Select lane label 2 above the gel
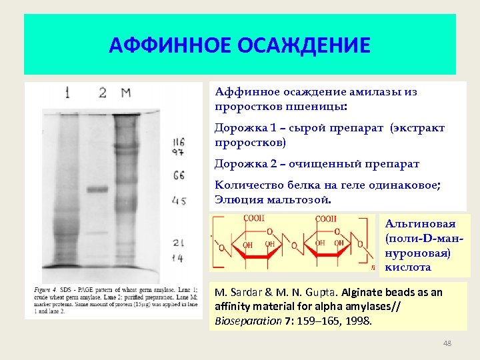tap(102, 93)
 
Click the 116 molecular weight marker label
tap(178, 141)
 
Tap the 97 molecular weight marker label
tap(178, 153)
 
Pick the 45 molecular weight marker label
tap(178, 200)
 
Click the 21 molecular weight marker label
tap(178, 243)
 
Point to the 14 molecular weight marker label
tap(178, 257)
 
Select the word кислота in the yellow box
tap(408, 267)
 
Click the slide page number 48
tap(447, 343)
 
